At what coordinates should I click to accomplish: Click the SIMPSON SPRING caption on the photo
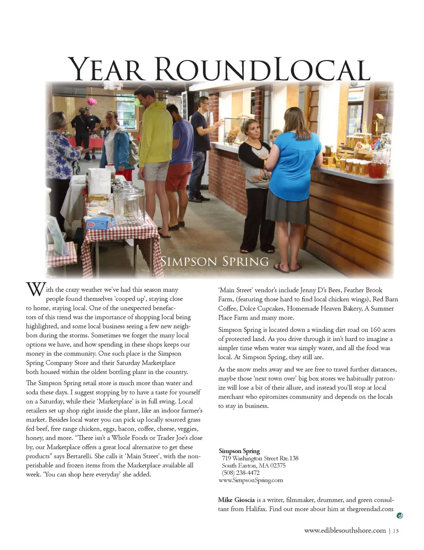[214, 262]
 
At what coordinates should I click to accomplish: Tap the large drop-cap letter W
[35, 289]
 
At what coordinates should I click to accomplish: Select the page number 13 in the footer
[396, 531]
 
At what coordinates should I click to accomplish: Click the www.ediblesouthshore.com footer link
[345, 531]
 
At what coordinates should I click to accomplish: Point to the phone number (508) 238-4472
[241, 473]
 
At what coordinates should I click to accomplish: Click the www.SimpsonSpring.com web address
[251, 480]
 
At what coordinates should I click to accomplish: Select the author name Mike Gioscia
[236, 500]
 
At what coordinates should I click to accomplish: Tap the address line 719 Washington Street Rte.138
[260, 458]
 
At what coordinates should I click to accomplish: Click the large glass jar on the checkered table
[129, 205]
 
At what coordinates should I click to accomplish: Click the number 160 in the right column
[375, 330]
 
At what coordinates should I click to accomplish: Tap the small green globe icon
[400, 516]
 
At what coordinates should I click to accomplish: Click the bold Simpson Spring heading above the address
[239, 451]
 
